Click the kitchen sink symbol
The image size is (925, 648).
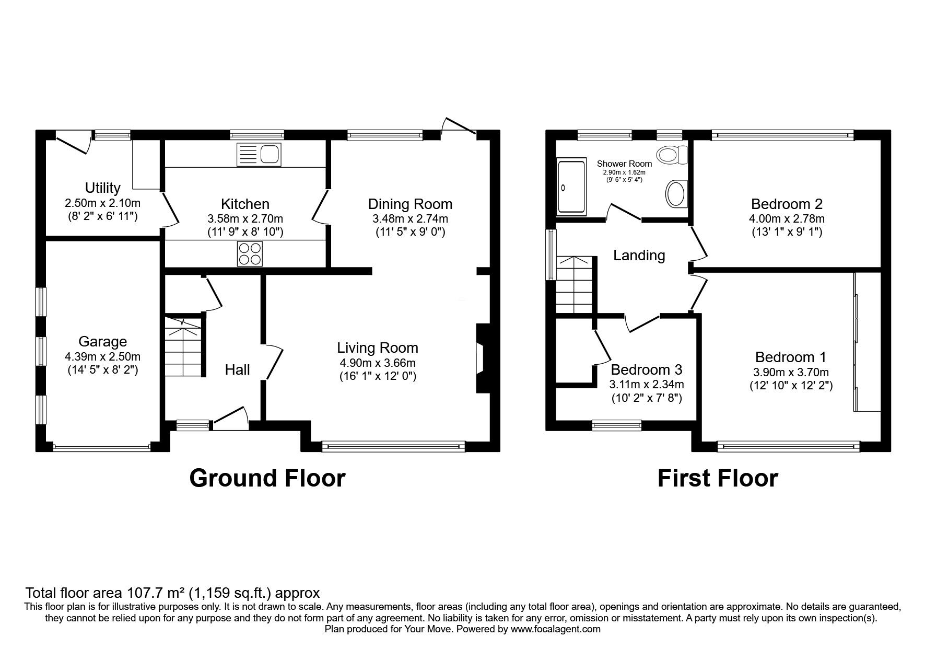point(259,155)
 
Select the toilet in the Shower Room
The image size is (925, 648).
point(674,155)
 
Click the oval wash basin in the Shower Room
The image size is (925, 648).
point(676,194)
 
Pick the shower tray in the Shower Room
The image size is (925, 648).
point(572,188)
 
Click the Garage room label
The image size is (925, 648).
point(102,342)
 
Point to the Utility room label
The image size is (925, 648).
point(103,188)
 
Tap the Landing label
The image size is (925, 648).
point(639,256)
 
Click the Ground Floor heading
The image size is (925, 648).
point(267,478)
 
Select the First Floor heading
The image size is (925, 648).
point(718,478)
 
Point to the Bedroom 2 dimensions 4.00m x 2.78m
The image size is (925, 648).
point(787,219)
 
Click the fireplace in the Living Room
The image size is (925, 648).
point(482,358)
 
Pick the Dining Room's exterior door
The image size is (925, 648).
point(459,126)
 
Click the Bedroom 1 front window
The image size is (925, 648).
point(789,446)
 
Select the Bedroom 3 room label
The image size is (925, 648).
point(646,370)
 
